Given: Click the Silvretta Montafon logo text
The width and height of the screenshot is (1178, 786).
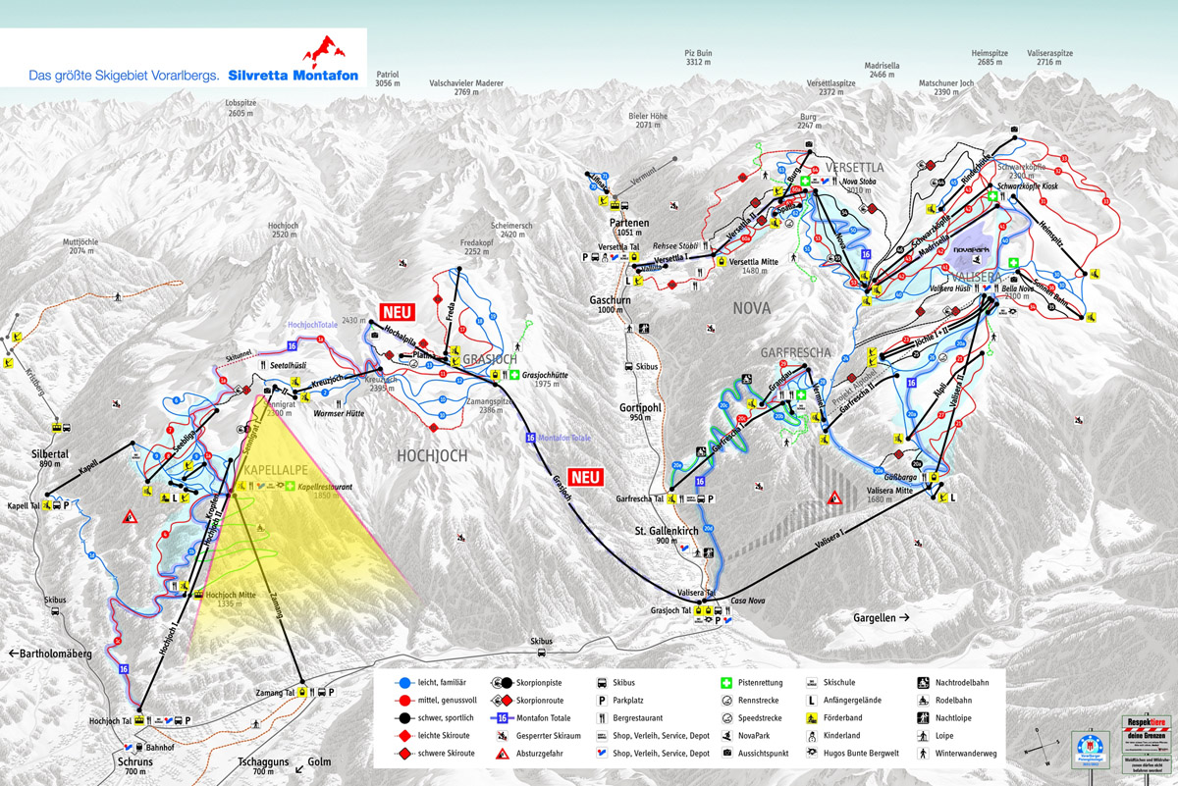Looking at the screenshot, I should [x=293, y=75].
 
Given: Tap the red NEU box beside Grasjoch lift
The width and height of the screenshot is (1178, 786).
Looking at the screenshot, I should [x=585, y=478].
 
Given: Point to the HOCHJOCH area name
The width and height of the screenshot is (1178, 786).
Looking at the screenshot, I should [x=433, y=455].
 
